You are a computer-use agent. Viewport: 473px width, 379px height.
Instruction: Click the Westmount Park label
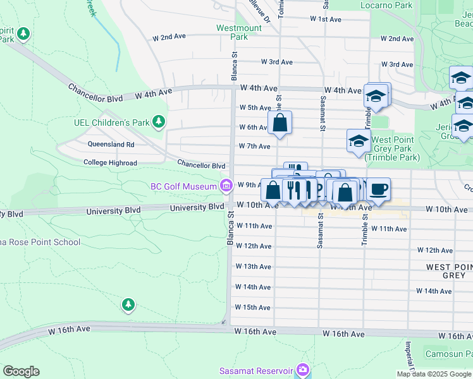click(238, 32)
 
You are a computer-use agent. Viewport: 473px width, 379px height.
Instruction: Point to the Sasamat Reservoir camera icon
click(304, 370)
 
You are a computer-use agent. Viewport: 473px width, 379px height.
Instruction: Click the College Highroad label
click(110, 163)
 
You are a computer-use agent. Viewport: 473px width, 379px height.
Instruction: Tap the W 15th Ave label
click(252, 308)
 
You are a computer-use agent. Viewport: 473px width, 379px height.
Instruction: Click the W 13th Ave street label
click(253, 267)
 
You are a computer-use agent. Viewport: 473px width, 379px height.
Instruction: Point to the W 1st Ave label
click(326, 20)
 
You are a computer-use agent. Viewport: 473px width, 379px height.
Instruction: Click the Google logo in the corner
click(21, 371)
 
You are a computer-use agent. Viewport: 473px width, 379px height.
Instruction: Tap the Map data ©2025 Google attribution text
click(433, 374)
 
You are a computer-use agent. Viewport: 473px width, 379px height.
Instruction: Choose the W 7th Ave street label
click(254, 147)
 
